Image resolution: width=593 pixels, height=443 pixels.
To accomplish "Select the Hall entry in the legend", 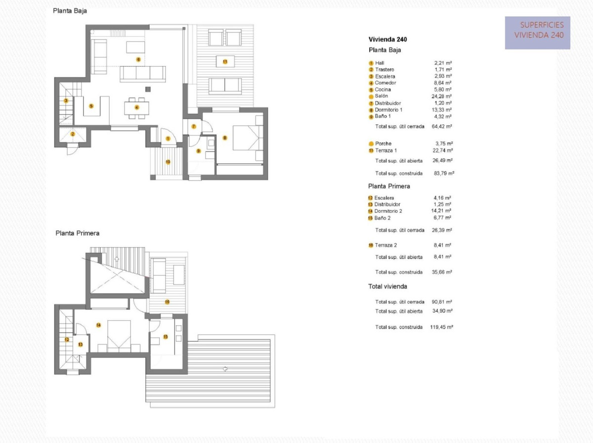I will coord(380,63).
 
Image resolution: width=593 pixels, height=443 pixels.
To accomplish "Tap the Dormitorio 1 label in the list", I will coord(388,110).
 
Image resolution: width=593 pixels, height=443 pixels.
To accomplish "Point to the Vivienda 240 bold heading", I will coord(387,39).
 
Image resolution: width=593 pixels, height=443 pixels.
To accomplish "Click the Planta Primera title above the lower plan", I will coord(77,233).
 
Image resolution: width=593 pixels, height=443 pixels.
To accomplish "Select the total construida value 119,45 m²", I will coord(442,327).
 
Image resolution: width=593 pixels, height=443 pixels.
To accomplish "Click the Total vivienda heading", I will coord(387,287).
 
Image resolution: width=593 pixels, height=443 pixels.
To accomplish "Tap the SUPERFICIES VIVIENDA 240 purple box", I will coord(538,33).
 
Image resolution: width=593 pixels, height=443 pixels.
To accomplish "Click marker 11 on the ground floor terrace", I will coord(225,62).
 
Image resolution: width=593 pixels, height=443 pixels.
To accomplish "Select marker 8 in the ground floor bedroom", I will coord(225,138).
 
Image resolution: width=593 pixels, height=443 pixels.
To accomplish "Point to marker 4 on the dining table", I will coord(137,107).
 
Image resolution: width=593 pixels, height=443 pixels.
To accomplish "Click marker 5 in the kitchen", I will coord(91,105).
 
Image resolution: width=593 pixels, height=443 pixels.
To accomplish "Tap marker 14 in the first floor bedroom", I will coord(98,325).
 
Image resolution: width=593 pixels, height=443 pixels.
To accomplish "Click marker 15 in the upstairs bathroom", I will coord(166,337).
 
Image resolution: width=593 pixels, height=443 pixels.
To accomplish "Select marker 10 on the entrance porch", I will coord(168,161).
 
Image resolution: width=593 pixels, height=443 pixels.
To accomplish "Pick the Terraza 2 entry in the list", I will coord(385,245).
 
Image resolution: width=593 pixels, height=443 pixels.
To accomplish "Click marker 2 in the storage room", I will coord(72,134).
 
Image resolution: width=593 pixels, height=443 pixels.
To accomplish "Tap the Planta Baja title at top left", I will coord(70,11).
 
